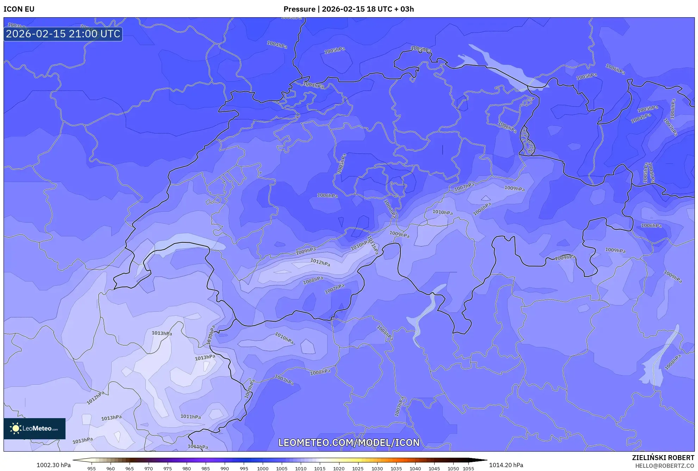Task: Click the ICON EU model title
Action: pos(19,9)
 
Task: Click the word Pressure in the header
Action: pos(299,9)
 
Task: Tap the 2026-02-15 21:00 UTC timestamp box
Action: pos(63,34)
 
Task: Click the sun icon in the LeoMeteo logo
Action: pos(15,428)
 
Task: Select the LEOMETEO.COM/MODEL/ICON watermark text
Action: pos(349,443)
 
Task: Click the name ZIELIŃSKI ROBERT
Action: pos(663,458)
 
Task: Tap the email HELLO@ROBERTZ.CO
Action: pos(665,466)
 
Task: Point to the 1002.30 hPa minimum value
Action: pos(54,465)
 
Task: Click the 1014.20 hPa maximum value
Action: pos(506,465)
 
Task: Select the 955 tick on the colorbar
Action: pos(92,469)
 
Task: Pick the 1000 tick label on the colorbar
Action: pos(263,469)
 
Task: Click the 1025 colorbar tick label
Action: pos(358,469)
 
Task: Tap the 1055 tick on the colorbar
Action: pos(468,469)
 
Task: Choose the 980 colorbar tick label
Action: pos(187,469)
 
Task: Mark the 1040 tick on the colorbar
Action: pos(415,469)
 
